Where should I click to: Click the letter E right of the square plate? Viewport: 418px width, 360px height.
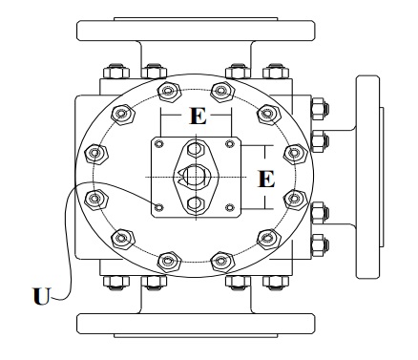pos(267,178)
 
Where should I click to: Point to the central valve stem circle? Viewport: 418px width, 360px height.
pos(196,176)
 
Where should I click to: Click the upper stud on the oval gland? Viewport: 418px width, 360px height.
pos(196,149)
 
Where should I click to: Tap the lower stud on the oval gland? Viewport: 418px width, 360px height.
pos(196,202)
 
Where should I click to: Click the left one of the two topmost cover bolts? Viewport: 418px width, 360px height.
pos(168,93)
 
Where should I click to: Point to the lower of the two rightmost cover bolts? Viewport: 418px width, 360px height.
pos(296,198)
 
